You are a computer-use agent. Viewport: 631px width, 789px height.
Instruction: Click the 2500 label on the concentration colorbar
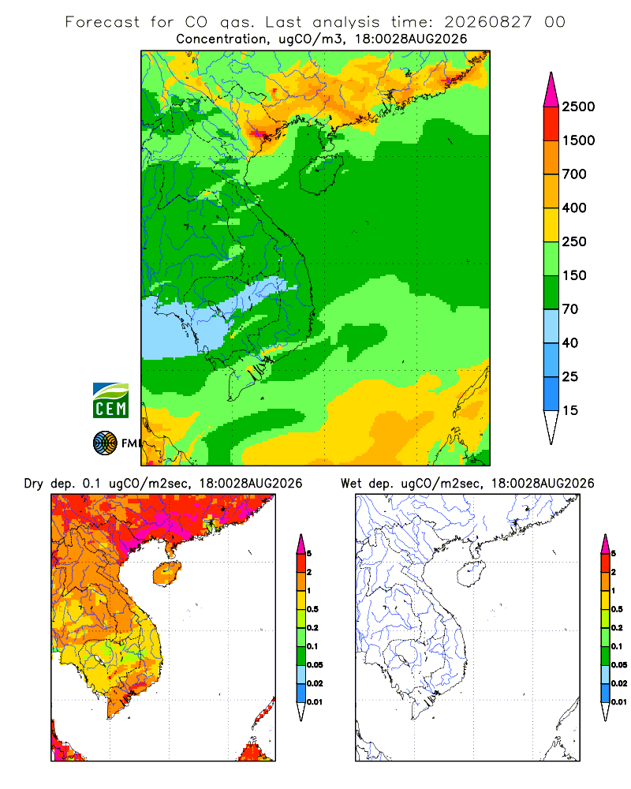click(578, 107)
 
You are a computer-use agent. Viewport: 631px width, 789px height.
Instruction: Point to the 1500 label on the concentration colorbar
click(578, 140)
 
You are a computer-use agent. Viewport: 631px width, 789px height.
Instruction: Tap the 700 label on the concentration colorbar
click(574, 174)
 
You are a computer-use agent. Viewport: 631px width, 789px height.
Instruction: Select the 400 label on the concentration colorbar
click(574, 208)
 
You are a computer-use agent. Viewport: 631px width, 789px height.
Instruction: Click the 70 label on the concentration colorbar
click(570, 309)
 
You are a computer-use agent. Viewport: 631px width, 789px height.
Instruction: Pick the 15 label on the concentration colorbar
click(570, 410)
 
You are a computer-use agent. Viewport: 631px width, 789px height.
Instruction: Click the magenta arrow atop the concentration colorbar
click(551, 90)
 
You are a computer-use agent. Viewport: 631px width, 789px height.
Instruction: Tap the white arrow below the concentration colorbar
click(551, 427)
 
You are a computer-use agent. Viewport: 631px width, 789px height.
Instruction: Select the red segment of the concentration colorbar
click(551, 124)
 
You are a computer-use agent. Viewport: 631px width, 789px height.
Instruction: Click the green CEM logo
click(110, 401)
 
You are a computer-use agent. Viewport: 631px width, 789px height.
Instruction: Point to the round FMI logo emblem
click(105, 443)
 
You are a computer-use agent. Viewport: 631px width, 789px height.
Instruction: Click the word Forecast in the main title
click(103, 22)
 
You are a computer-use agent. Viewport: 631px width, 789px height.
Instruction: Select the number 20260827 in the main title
click(487, 22)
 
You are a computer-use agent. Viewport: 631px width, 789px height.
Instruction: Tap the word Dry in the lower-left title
click(33, 484)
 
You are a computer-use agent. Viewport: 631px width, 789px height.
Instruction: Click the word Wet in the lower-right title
click(351, 484)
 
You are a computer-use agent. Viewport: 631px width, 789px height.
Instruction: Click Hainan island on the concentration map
click(321, 174)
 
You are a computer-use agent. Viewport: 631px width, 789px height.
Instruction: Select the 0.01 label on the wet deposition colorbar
click(619, 702)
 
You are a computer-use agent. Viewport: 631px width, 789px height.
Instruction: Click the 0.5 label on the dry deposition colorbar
click(312, 609)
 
